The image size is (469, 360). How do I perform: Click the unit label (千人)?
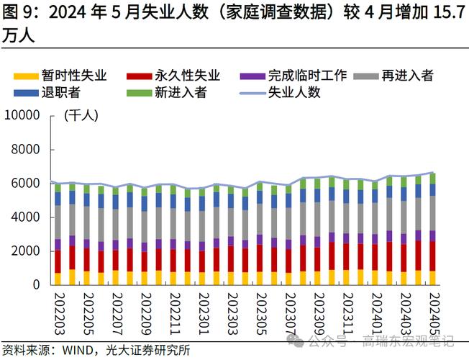81,115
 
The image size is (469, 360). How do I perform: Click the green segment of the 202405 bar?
433,178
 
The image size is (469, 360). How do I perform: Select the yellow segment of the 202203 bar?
58,279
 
